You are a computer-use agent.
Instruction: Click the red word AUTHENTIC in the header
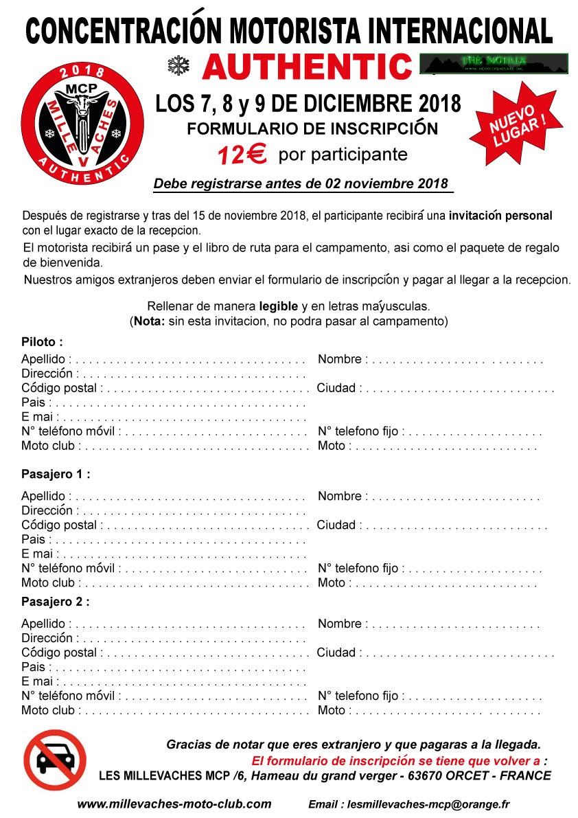[306, 67]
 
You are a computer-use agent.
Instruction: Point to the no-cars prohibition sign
[55, 760]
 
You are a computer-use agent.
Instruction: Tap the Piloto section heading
[42, 342]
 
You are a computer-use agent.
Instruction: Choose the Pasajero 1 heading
[56, 474]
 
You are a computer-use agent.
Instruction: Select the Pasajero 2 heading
[56, 602]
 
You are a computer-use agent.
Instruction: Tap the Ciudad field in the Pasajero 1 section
[453, 526]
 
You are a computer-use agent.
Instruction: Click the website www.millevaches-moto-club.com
[174, 804]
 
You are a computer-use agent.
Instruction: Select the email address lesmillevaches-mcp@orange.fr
[429, 804]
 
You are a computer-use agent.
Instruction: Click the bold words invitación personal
[500, 216]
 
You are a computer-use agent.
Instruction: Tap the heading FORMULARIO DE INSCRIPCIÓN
[312, 128]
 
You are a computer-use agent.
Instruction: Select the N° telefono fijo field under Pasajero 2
[474, 696]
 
